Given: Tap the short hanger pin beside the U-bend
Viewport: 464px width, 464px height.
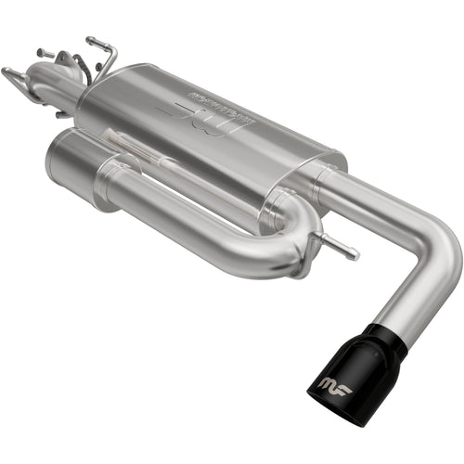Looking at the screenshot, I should (x=338, y=246).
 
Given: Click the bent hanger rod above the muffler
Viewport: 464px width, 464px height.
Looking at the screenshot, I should (x=102, y=51).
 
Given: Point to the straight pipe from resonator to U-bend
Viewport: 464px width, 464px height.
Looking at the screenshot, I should (x=186, y=218).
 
